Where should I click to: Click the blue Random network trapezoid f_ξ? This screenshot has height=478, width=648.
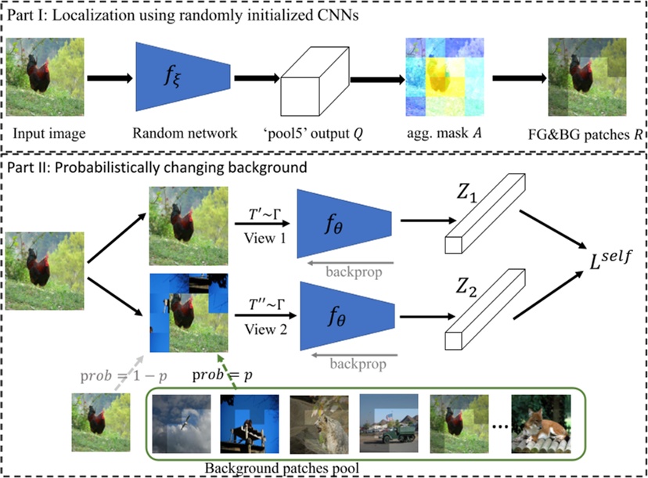pos(182,77)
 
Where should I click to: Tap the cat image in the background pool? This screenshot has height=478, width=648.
pos(547,423)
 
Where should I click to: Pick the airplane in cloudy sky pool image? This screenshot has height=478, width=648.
pos(182,423)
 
